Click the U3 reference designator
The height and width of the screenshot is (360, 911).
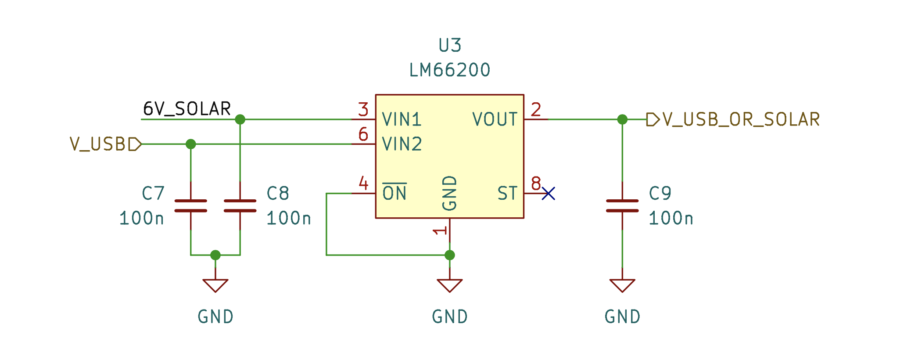(450, 45)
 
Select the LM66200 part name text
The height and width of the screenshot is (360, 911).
(450, 70)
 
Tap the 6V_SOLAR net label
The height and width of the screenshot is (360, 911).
(187, 109)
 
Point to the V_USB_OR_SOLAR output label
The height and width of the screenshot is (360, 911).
(741, 119)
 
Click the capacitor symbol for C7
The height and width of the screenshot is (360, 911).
(190, 205)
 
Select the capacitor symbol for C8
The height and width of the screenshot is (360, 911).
(240, 205)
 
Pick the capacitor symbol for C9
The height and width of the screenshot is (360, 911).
(622, 205)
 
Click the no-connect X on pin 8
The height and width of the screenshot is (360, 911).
(549, 193)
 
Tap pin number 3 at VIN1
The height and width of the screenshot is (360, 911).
(363, 110)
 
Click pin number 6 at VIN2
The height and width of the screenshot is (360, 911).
(363, 134)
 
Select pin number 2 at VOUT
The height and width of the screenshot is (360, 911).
(536, 110)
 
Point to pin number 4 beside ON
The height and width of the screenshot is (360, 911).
(363, 183)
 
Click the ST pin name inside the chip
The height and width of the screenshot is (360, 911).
(507, 194)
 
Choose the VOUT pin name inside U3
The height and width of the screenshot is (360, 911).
(495, 119)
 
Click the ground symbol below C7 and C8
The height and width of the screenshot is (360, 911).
(215, 285)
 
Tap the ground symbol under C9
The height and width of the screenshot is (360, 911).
(622, 285)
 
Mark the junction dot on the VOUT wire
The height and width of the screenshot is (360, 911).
(622, 119)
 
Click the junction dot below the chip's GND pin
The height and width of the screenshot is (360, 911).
(450, 255)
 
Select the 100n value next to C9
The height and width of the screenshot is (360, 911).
(671, 219)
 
